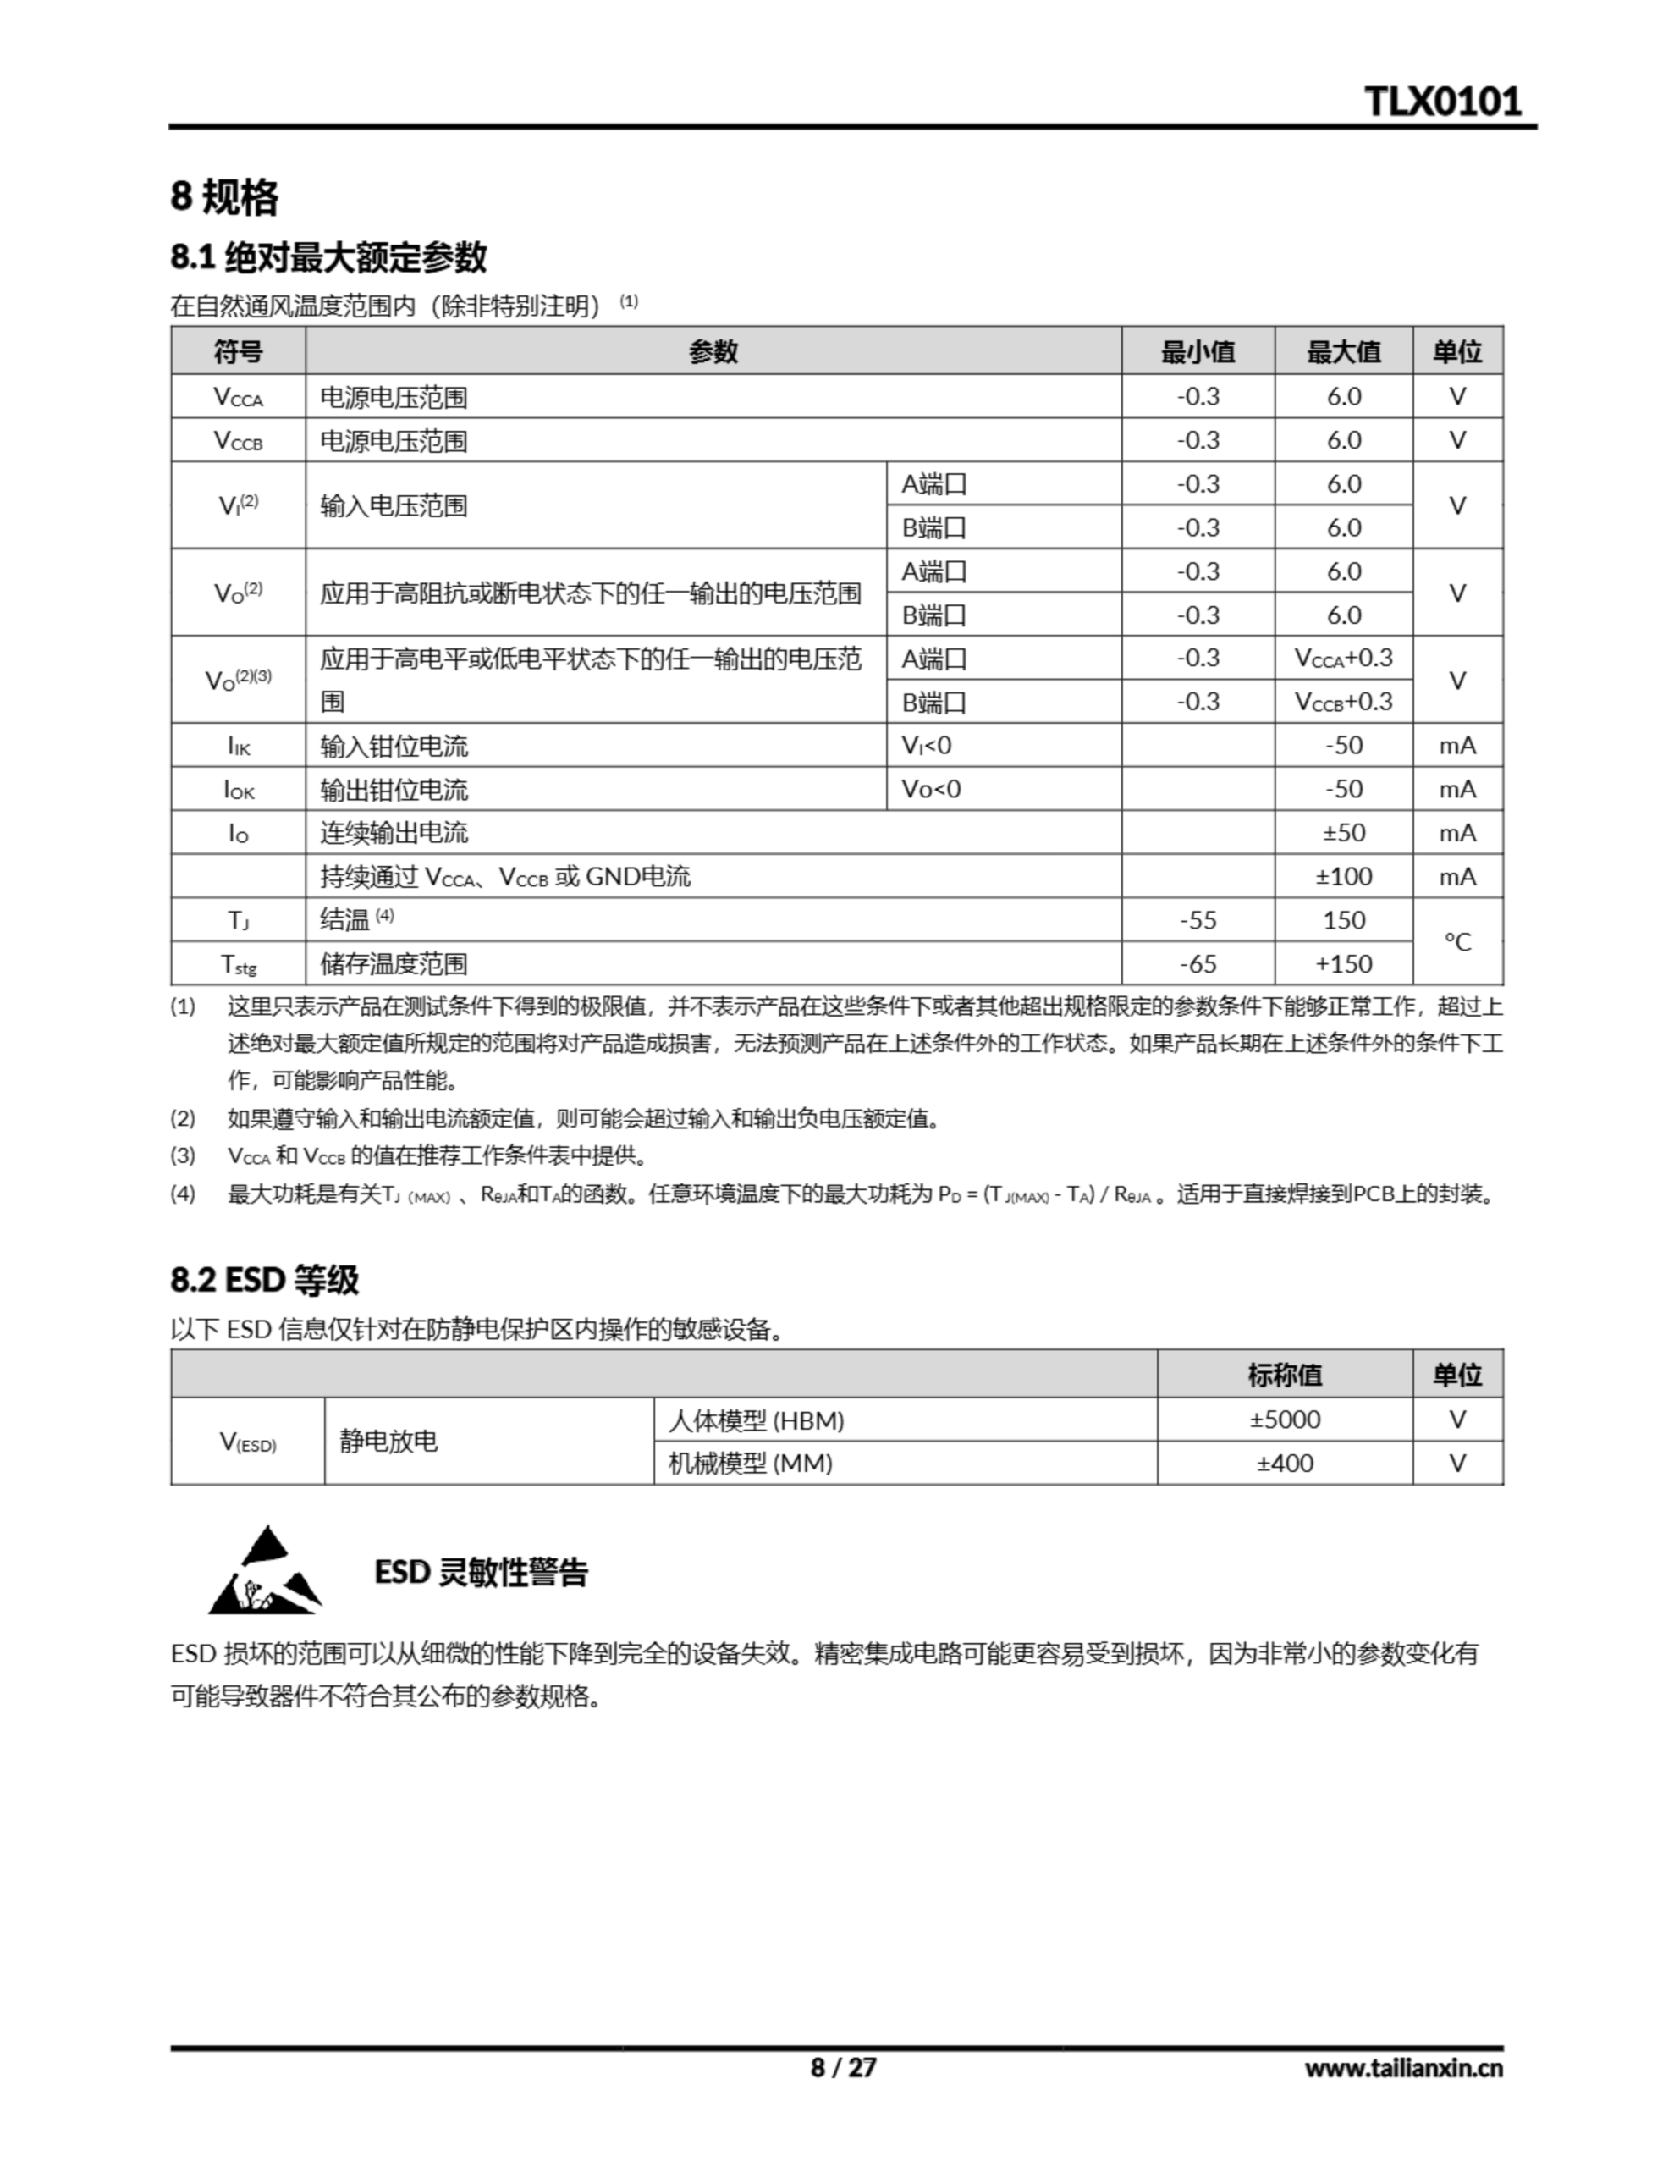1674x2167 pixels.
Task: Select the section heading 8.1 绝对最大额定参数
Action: click(328, 257)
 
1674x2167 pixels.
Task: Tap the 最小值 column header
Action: click(1198, 351)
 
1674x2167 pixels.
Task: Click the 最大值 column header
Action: click(1344, 351)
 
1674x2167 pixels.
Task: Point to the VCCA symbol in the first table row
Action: click(238, 397)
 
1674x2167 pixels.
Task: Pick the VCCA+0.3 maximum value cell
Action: click(1344, 658)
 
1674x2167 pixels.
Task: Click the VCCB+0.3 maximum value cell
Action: click(1344, 702)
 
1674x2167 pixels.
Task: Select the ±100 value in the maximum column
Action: click(1344, 876)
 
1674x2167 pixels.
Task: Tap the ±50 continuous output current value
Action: click(1344, 832)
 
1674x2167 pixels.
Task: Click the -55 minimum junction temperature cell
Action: click(1198, 920)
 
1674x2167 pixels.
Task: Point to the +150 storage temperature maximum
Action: click(1344, 963)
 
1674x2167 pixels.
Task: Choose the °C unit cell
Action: click(1456, 941)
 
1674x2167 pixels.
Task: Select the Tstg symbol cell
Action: click(238, 963)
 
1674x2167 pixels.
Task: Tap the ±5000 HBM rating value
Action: click(1285, 1420)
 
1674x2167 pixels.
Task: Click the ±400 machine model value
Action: click(1285, 1464)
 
